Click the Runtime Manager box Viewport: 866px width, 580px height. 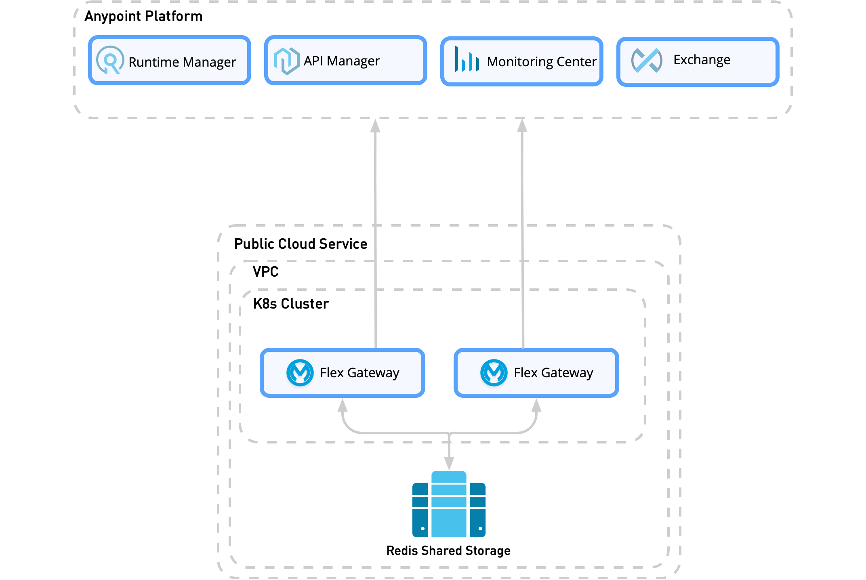tap(170, 61)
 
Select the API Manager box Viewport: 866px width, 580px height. tap(346, 61)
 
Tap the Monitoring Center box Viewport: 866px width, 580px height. tap(522, 61)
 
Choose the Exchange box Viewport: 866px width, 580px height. tap(698, 61)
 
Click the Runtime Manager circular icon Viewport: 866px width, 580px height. tap(110, 60)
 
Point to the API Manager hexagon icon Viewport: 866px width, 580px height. tap(287, 61)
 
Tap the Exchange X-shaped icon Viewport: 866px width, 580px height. tap(647, 61)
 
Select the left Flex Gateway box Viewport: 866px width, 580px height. tap(343, 372)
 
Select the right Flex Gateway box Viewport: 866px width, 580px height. tap(536, 372)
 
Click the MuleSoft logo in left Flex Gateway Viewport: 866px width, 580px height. tap(300, 372)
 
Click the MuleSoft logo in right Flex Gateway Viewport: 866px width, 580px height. tap(494, 372)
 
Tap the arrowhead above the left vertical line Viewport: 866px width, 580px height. tap(375, 126)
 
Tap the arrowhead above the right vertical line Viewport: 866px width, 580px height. tap(522, 126)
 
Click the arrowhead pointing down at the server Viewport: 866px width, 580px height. tap(449, 463)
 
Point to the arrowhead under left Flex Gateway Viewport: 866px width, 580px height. tap(343, 405)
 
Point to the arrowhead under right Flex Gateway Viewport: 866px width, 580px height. tap(536, 405)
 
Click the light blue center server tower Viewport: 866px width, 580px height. tap(449, 505)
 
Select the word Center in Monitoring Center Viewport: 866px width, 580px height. tap(576, 62)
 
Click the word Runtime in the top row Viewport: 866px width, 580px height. tap(153, 62)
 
